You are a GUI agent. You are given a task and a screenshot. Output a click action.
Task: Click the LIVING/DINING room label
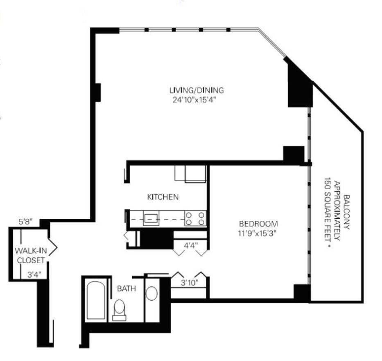click(197, 90)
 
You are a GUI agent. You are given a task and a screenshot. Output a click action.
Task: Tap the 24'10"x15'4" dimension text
click(194, 100)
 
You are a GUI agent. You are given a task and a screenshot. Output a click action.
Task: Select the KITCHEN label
click(163, 197)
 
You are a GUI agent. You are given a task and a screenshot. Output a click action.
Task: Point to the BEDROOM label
click(258, 224)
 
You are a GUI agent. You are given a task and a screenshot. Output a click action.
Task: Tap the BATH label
click(127, 289)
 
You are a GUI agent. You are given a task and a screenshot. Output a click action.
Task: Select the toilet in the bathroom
click(119, 310)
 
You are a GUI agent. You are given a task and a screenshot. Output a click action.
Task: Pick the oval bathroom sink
click(151, 293)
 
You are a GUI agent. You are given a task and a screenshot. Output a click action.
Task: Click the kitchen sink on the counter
click(151, 218)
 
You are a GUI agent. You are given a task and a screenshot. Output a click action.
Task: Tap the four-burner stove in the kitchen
click(195, 218)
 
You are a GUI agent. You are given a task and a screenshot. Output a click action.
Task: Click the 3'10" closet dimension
click(190, 283)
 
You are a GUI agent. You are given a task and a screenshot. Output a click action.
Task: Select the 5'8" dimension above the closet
click(25, 222)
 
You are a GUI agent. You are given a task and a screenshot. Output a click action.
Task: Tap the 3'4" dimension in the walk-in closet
click(34, 275)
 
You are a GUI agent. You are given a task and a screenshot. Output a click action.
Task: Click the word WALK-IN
click(31, 251)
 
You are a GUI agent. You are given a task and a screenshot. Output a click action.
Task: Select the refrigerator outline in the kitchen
click(195, 174)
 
